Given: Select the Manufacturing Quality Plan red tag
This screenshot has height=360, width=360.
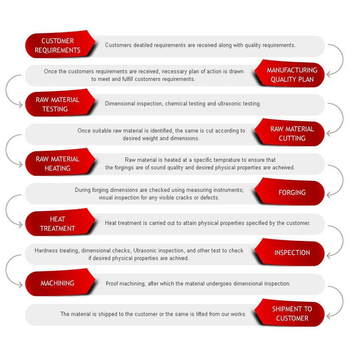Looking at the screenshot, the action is [x=290, y=74].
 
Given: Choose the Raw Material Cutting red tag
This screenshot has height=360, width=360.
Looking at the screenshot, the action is [x=290, y=133].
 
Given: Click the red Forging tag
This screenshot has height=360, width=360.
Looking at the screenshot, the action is [x=290, y=192].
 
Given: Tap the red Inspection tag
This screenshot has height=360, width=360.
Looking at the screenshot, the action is [x=290, y=252].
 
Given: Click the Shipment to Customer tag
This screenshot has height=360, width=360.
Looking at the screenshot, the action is [x=290, y=313].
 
